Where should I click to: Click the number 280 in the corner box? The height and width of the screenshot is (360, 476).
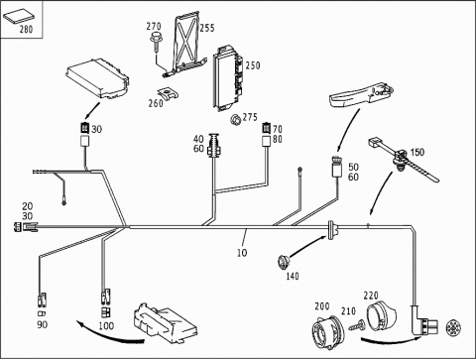[x=26, y=29]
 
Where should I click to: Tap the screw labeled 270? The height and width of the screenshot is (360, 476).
[x=155, y=42]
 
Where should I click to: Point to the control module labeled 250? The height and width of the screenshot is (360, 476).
[x=228, y=78]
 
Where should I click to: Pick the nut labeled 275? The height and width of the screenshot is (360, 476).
[x=235, y=119]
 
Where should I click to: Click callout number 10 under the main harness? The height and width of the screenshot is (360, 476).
[x=242, y=253]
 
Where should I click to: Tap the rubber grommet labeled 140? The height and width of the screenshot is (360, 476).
[x=283, y=262]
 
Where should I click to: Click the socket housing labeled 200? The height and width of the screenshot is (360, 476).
[x=328, y=332]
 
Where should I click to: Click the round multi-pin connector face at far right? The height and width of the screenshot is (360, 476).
[x=452, y=328]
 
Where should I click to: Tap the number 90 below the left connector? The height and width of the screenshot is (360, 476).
[x=42, y=324]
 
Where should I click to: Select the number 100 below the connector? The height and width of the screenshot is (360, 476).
[x=106, y=326]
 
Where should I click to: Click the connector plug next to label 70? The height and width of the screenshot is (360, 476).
[x=267, y=128]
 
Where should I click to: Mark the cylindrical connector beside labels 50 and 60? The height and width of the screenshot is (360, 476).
[x=338, y=167]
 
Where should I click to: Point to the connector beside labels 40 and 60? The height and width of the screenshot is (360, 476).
[x=214, y=145]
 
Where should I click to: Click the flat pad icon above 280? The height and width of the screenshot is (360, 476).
[x=19, y=17]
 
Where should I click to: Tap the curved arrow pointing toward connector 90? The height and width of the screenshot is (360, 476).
[x=109, y=336]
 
